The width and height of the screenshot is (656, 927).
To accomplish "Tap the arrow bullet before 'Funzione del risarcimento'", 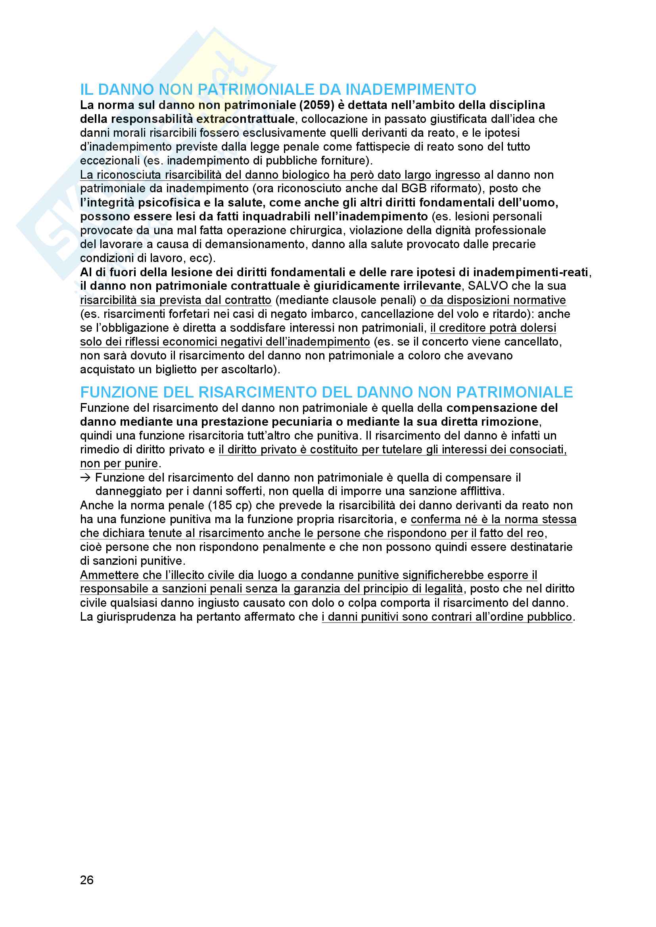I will click(x=86, y=478).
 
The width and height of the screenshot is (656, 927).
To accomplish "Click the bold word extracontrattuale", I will click(x=245, y=119).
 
